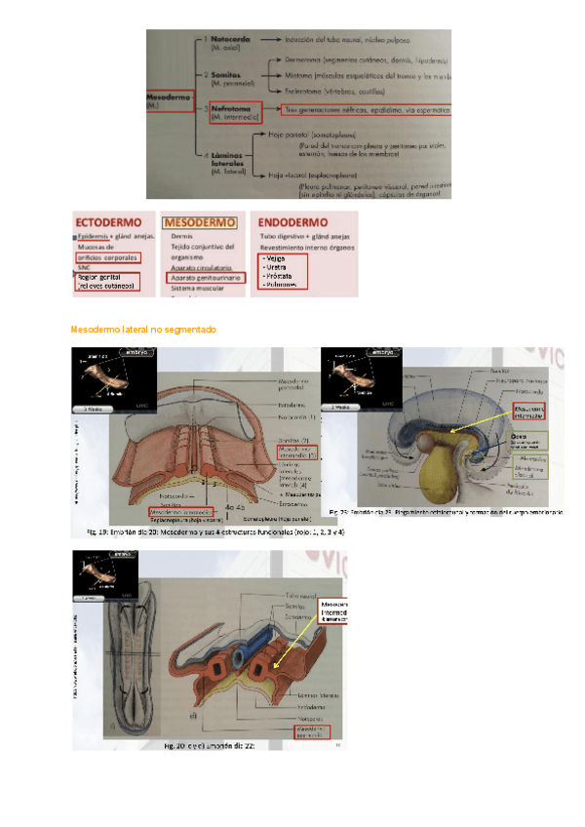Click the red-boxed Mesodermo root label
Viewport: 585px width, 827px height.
coord(168,99)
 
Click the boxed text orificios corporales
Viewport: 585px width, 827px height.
coord(107,257)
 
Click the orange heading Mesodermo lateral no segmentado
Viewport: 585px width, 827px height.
coord(144,330)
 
